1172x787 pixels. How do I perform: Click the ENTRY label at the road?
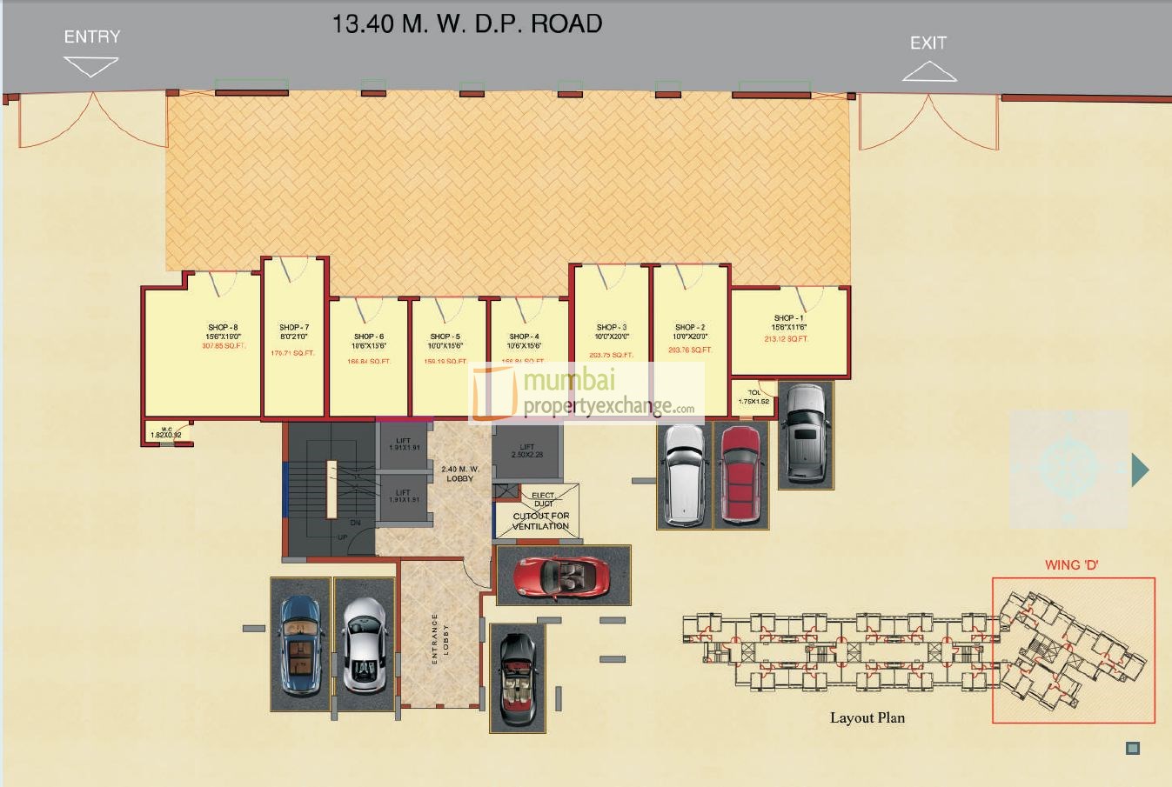click(92, 37)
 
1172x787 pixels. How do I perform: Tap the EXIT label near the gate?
click(928, 43)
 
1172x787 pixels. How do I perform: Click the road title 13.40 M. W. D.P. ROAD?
click(467, 23)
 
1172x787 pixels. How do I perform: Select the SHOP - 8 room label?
click(223, 328)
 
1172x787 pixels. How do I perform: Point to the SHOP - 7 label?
click(294, 328)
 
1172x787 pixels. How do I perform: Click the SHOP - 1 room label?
click(789, 318)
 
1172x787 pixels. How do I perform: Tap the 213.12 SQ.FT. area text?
click(786, 339)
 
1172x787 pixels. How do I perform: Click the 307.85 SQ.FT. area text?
click(224, 346)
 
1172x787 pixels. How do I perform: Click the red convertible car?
click(561, 575)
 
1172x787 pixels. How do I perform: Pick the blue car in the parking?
click(301, 644)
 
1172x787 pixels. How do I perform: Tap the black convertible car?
click(518, 678)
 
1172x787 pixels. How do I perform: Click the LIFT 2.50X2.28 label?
click(526, 450)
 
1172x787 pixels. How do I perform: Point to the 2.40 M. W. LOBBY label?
click(459, 474)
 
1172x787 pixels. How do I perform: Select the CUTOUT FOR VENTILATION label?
click(540, 521)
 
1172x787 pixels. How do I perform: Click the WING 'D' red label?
click(1071, 565)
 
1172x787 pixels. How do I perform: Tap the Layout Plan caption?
click(867, 717)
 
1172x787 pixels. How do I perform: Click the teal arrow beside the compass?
click(1140, 470)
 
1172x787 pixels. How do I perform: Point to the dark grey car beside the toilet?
click(805, 432)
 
